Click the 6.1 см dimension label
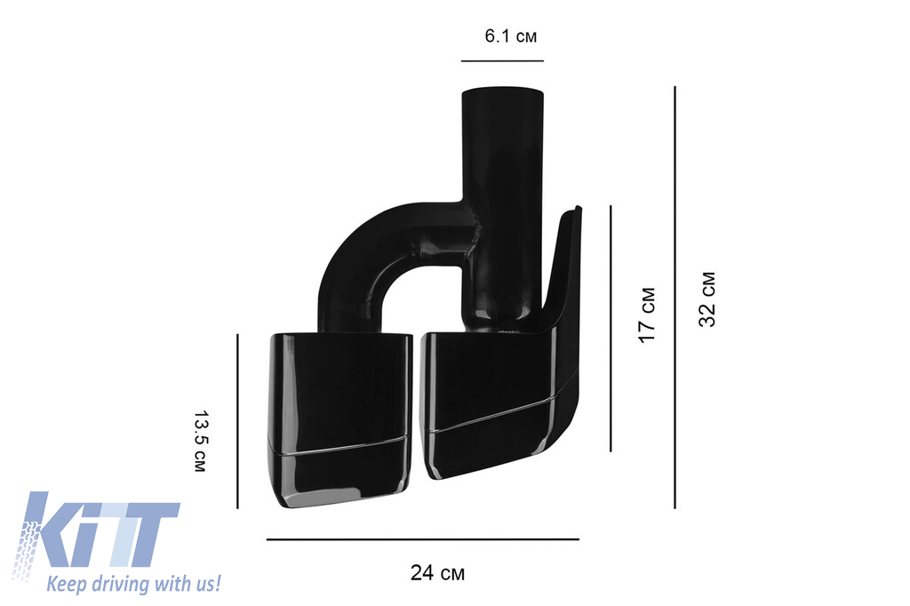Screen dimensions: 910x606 pos(511,36)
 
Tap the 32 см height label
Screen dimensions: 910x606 pos(707,299)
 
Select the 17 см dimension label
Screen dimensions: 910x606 pos(647,315)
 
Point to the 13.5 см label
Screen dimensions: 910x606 pos(200,441)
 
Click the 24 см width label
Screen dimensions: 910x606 pos(437,573)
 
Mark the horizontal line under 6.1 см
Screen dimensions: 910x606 pos(503,60)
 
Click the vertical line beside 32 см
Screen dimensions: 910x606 pos(675,297)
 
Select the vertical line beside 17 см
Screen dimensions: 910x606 pos(611,328)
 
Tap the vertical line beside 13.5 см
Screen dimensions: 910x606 pos(238,421)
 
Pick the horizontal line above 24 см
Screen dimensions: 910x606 pos(422,539)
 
